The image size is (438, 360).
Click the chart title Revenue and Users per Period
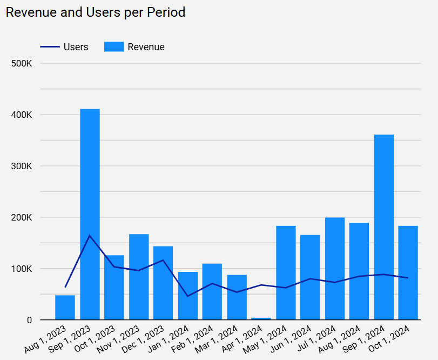pos(96,12)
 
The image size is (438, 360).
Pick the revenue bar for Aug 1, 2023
pos(65,308)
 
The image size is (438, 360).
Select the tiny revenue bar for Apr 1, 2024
pos(261,318)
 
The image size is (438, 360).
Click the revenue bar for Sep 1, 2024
pos(384,227)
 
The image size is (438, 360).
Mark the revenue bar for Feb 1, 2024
pos(212,292)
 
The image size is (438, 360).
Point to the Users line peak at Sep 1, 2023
pos(90,235)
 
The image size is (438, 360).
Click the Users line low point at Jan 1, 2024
pos(187,296)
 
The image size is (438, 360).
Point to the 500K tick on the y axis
pos(22,64)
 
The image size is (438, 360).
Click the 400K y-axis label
pos(22,115)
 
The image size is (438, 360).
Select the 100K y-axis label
pos(22,269)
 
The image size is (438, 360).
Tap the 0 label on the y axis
pos(30,320)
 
